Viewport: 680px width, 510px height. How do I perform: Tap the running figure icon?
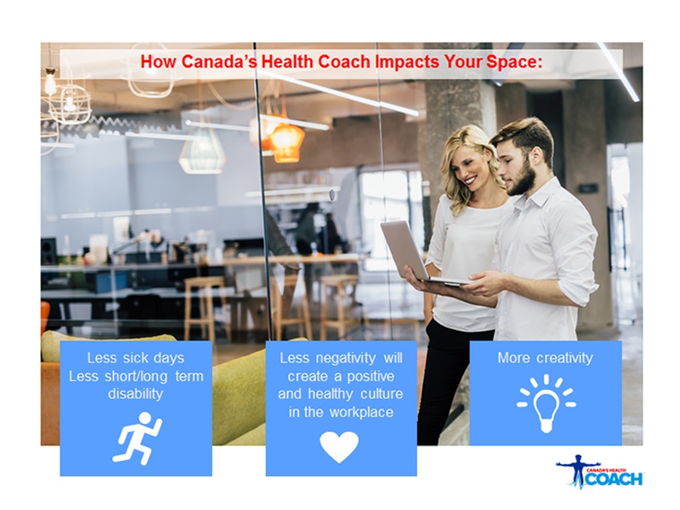(138, 438)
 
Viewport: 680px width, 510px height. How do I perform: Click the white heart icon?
(339, 447)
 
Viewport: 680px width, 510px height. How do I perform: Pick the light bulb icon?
(546, 403)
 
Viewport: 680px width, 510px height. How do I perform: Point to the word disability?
(135, 394)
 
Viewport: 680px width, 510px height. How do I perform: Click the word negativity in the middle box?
(345, 358)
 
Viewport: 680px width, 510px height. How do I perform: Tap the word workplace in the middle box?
(360, 412)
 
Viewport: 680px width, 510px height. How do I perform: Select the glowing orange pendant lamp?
(286, 141)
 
